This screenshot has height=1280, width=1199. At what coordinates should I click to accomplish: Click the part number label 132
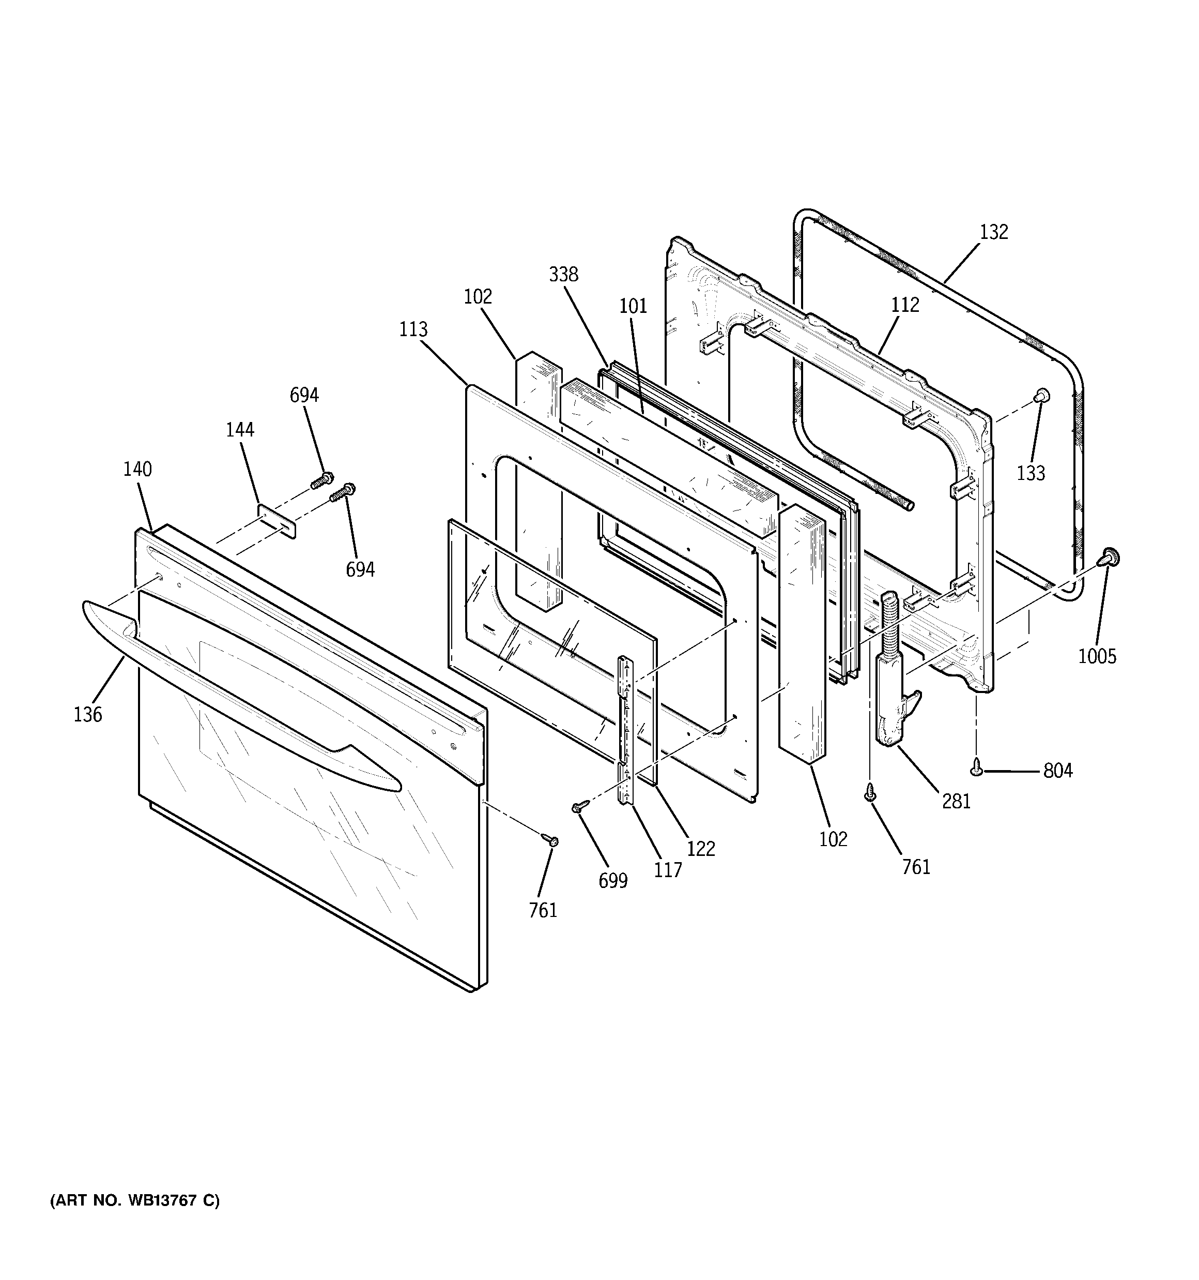pos(994,232)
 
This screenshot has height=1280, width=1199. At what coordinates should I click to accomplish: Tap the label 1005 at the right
pos(1097,656)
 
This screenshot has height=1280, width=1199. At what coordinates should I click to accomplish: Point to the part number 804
pos(1057,770)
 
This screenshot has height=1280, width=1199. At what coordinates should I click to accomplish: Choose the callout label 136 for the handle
pos(87,714)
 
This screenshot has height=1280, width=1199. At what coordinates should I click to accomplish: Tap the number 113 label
pos(412,329)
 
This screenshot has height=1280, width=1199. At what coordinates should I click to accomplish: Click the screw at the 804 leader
pos(977,765)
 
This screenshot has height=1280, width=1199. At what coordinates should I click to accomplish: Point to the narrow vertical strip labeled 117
pos(625,728)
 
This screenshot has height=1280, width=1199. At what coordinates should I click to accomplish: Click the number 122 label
pos(700,849)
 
